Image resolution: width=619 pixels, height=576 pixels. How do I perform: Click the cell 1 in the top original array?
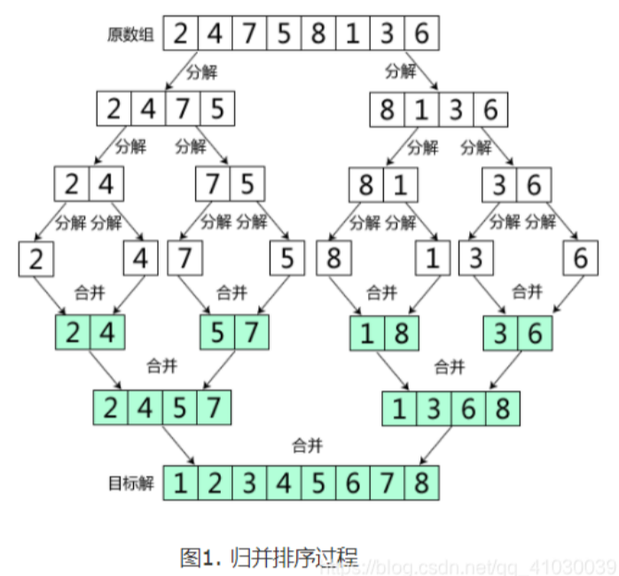coord(353,36)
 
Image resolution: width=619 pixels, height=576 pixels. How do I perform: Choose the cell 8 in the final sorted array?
coord(421,484)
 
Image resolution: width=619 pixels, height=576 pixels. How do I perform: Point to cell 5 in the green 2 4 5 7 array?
coord(179,408)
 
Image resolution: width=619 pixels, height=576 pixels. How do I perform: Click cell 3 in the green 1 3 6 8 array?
coord(434,408)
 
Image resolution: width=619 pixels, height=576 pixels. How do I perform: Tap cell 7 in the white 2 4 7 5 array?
coord(182,110)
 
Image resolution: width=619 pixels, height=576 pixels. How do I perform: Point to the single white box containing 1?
coord(433,259)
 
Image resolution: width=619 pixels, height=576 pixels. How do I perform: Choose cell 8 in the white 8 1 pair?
coord(364,185)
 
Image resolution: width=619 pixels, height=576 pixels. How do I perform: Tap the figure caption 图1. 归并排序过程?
coord(269,557)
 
